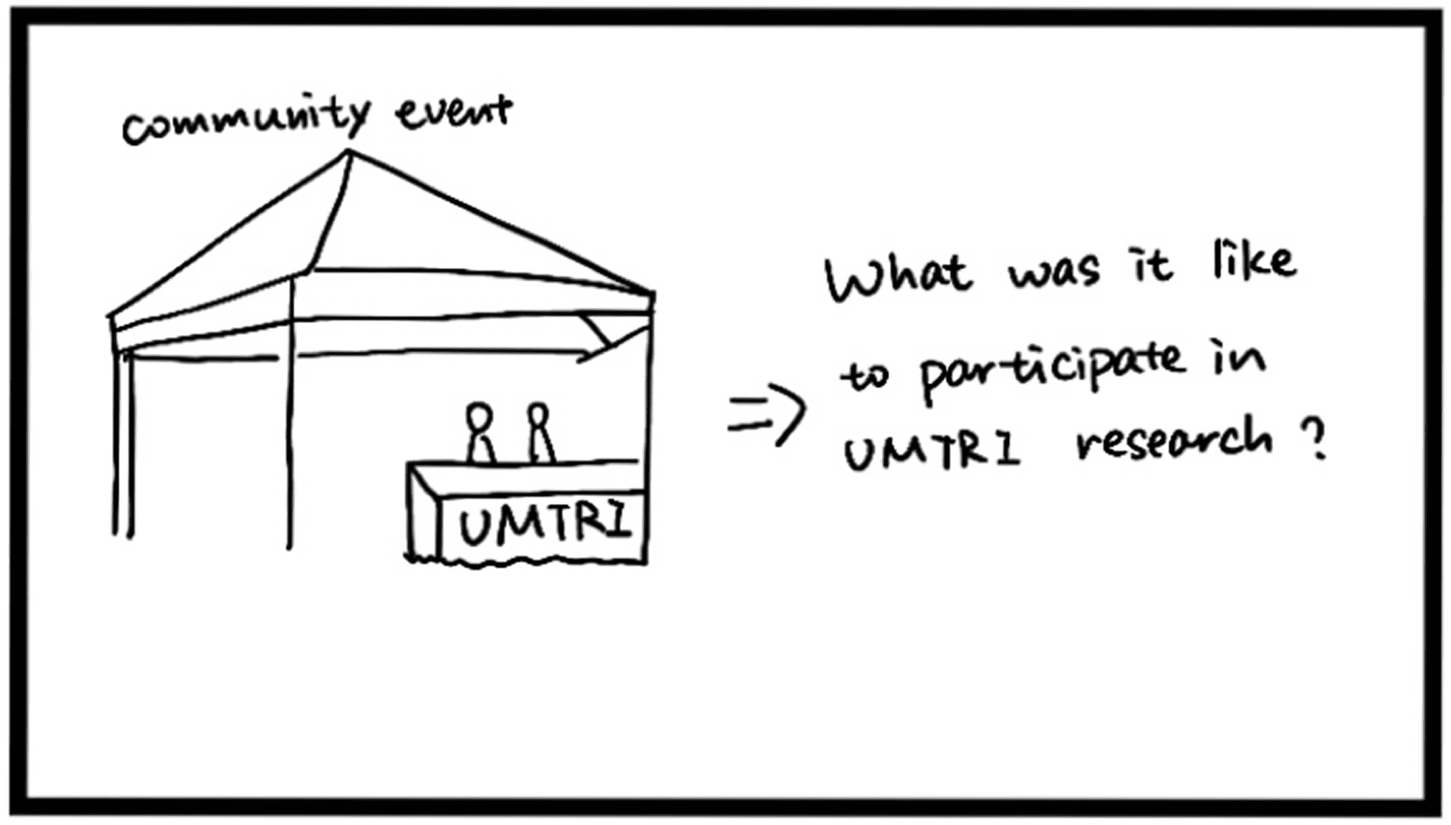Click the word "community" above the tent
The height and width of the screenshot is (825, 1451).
point(244,122)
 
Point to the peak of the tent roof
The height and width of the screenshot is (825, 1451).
point(348,152)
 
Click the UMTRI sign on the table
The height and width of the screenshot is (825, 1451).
point(544,525)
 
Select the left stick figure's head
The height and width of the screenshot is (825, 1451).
point(480,416)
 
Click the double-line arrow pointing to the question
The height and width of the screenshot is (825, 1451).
point(767,414)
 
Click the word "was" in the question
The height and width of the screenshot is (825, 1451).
point(1054,271)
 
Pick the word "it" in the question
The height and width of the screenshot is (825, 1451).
point(1151,266)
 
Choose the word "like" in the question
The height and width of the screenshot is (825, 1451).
point(1254,261)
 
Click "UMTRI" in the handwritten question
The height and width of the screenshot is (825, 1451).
point(932,451)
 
